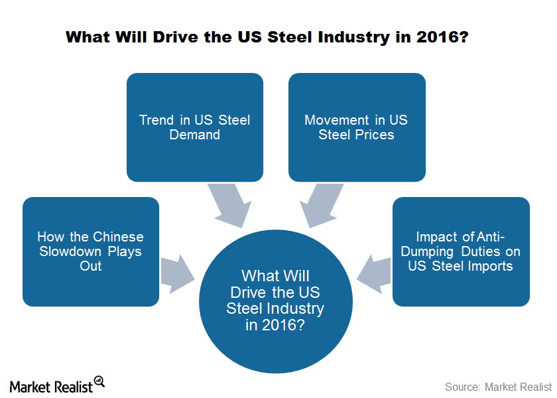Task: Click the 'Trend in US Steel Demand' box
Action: point(195,127)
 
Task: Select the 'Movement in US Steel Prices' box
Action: point(357,127)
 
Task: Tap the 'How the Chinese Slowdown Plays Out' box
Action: point(91,251)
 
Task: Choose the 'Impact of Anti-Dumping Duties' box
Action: point(461,251)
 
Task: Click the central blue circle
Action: point(276,301)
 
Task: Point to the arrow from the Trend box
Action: point(230,206)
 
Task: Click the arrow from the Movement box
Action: point(322,206)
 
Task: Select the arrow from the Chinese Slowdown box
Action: point(178,274)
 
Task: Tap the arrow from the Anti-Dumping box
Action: point(374,274)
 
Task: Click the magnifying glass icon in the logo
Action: point(99,381)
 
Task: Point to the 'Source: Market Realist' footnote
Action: point(498,387)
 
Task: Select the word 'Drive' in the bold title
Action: point(176,37)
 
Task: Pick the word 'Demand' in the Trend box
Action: point(195,135)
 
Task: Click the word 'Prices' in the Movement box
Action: point(375,135)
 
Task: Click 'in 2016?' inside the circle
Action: point(275,325)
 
